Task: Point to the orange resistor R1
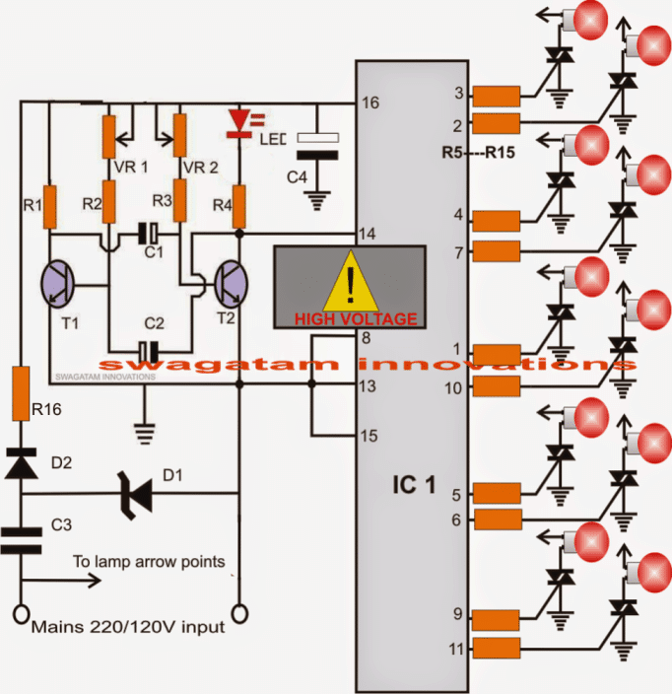[x=48, y=205]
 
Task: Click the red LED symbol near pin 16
[x=238, y=121]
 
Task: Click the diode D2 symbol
[x=19, y=462]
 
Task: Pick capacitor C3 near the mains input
[x=20, y=537]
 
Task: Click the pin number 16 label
[x=370, y=103]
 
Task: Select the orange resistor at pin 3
[x=496, y=96]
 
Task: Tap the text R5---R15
[x=480, y=153]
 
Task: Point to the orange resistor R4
[x=238, y=205]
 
